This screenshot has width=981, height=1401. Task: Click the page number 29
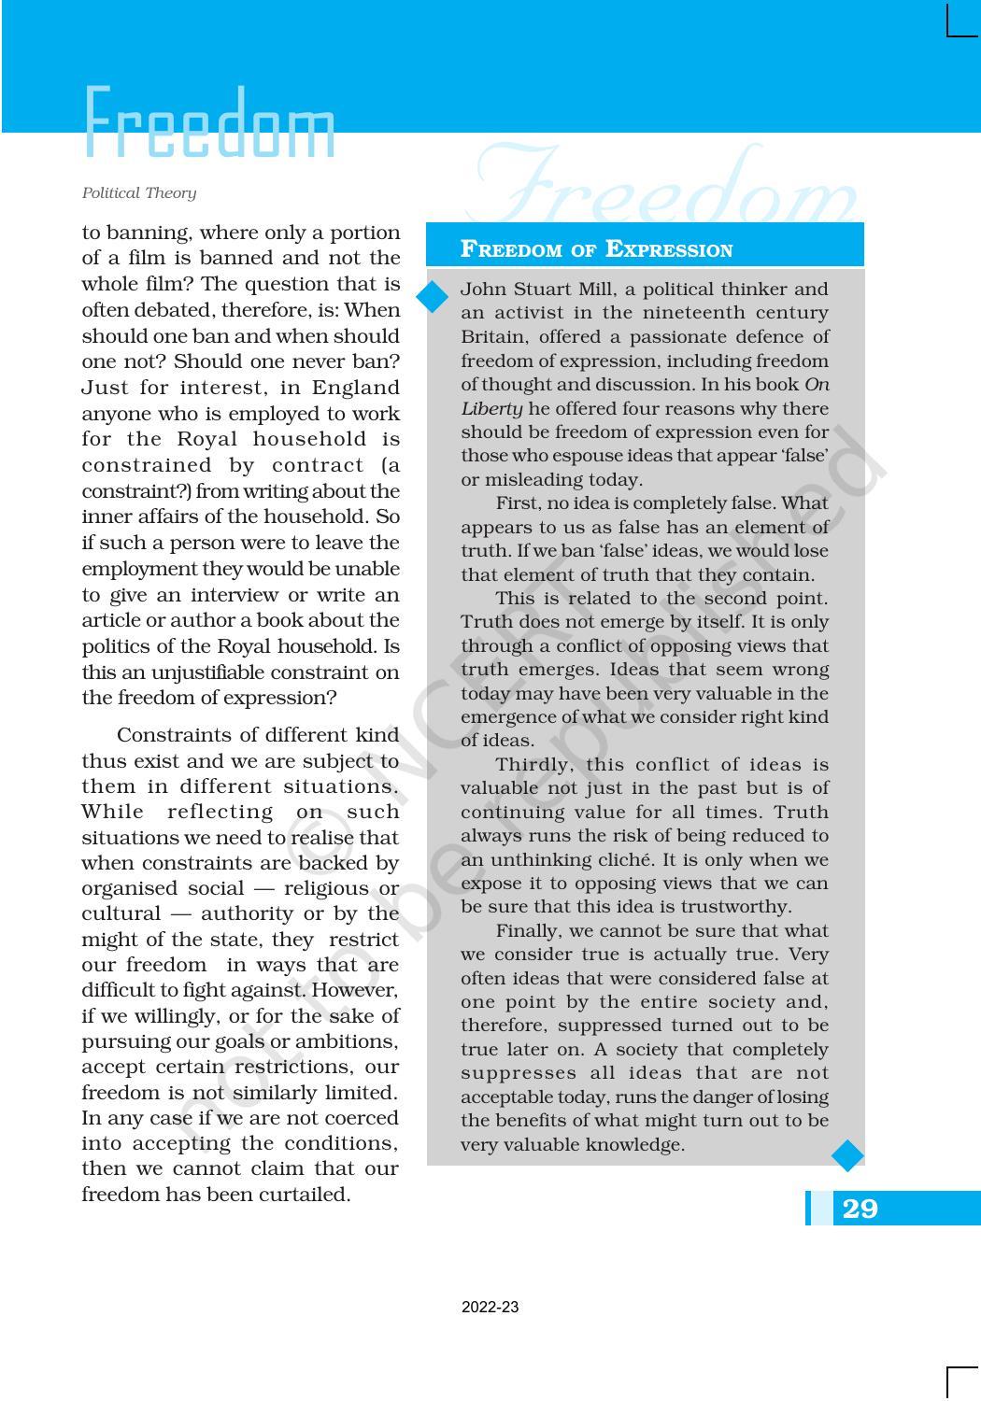click(860, 1209)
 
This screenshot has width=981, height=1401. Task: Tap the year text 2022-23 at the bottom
click(490, 1308)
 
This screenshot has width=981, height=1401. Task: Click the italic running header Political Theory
click(139, 193)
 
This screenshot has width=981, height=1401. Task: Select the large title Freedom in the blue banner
click(209, 124)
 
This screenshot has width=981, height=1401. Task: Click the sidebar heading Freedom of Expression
click(596, 249)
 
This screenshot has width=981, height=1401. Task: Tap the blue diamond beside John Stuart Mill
click(434, 297)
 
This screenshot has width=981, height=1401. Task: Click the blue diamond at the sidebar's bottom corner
click(847, 1155)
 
